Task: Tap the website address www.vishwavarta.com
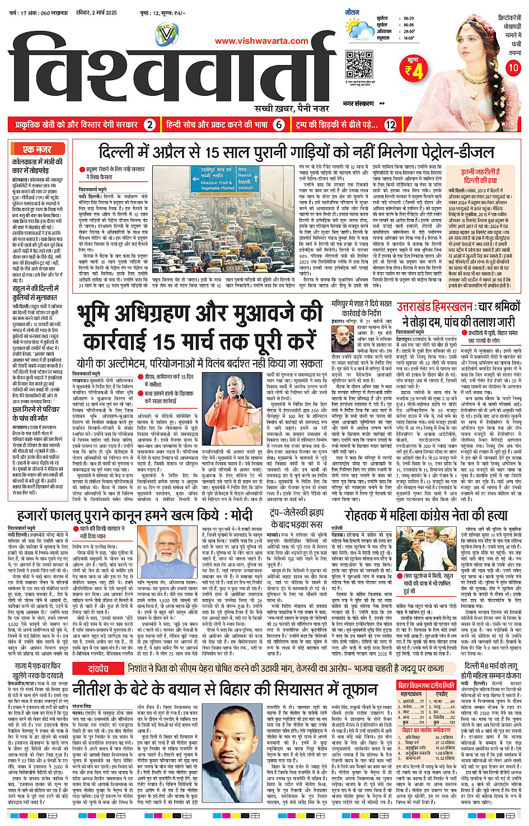(x=261, y=41)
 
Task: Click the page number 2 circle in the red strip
(x=149, y=124)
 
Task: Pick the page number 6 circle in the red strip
(x=279, y=124)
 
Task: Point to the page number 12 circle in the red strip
(x=390, y=124)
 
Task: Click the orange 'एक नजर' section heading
(x=37, y=149)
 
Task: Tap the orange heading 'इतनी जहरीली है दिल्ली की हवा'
(x=480, y=176)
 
